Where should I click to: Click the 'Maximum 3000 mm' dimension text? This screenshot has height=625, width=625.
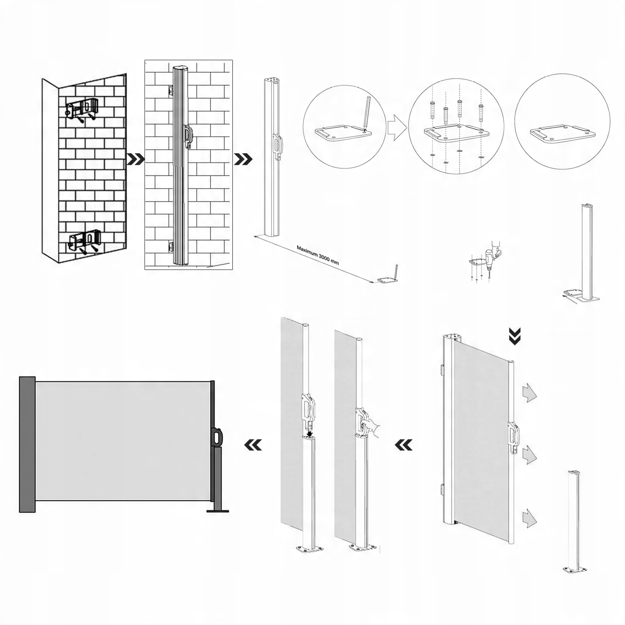pos(318,255)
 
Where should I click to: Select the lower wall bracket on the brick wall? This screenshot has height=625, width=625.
pos(85,239)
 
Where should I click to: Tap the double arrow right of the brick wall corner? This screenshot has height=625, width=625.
pos(136,159)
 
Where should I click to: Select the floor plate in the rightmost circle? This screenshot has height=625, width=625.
pos(562,134)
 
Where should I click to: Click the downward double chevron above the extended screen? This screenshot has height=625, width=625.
pos(515,336)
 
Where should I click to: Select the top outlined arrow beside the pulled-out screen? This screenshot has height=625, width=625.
pos(529,393)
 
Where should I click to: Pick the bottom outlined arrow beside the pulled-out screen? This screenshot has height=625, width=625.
pos(529,518)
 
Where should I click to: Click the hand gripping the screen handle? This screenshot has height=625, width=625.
pos(373,427)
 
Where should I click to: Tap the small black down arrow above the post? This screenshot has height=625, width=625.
pos(310,433)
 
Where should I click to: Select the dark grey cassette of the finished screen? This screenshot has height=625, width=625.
pos(27,444)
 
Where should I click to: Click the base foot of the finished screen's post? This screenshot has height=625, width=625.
pos(218,509)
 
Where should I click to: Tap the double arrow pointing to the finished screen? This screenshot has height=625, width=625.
pos(252,445)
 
